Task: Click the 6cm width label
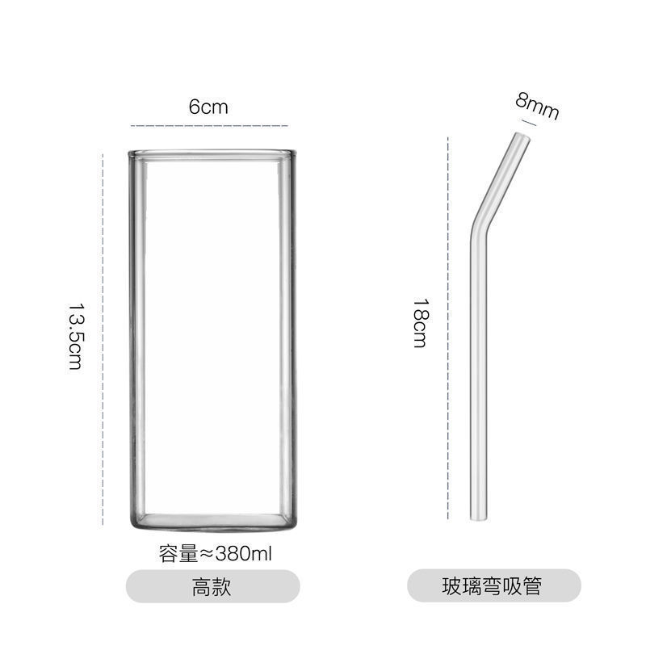pyautogui.click(x=209, y=107)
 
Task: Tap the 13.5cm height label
pyautogui.click(x=75, y=337)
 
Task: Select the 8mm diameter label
pyautogui.click(x=537, y=106)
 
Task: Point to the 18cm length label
pyautogui.click(x=419, y=323)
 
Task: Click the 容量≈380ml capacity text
pyautogui.click(x=216, y=555)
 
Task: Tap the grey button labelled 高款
pyautogui.click(x=213, y=586)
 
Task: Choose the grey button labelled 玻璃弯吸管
pyautogui.click(x=493, y=586)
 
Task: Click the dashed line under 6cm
pyautogui.click(x=210, y=126)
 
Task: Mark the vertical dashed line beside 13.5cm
pyautogui.click(x=103, y=338)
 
